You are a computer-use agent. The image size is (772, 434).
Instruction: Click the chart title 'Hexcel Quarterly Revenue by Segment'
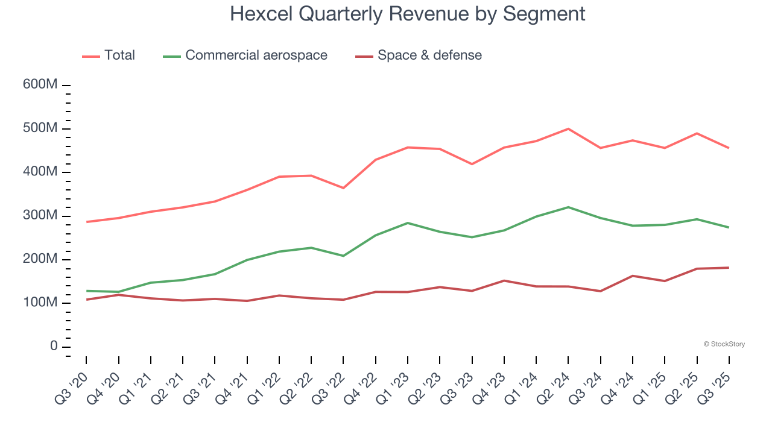pos(407,13)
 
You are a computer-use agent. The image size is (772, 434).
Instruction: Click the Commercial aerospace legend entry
pos(245,55)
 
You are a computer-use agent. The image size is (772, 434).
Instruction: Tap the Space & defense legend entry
pos(419,55)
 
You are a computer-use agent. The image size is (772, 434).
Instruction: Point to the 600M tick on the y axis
pos(40,85)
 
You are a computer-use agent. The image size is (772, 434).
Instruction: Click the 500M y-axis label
pos(40,128)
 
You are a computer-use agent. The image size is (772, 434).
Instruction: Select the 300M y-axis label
pos(40,216)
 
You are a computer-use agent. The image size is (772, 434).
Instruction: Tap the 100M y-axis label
pos(40,303)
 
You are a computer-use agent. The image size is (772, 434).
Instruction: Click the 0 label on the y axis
pos(54,347)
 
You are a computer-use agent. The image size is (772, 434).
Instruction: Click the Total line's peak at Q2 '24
pos(568,129)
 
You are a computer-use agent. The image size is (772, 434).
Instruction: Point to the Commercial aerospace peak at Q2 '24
pos(568,207)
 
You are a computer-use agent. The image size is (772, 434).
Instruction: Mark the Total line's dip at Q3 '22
pos(343,188)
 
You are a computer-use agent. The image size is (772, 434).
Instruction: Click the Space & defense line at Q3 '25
pos(729,268)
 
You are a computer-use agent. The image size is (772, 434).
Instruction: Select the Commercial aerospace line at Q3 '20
pos(86,291)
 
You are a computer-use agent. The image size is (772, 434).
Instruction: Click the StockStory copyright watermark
pos(724,344)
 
